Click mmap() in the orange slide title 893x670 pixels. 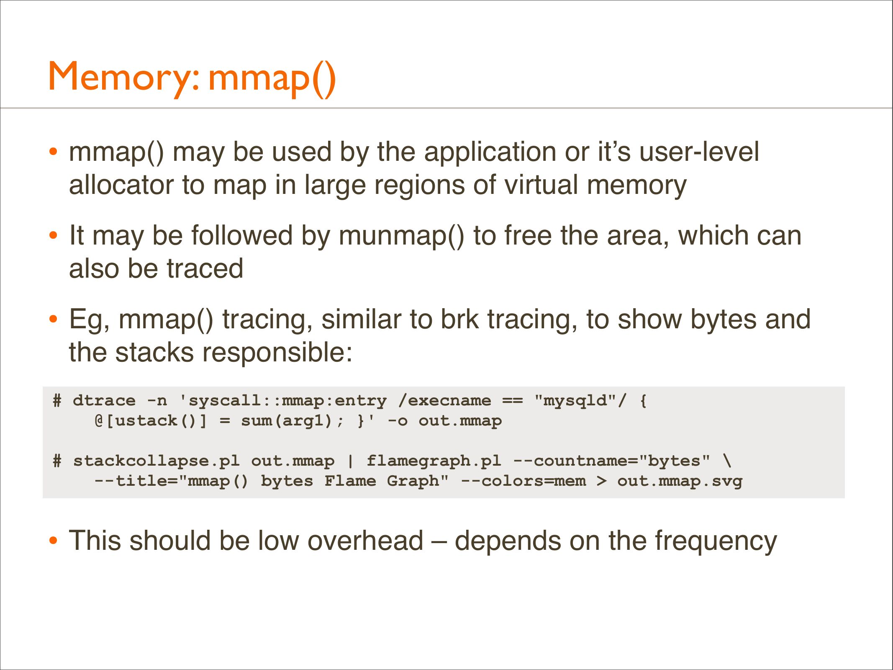272,78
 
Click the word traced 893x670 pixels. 205,269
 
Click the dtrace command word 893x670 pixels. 104,401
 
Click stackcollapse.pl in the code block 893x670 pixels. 157,461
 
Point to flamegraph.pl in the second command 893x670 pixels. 434,461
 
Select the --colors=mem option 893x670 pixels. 523,481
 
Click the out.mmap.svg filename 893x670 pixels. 680,482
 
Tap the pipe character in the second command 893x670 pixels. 351,461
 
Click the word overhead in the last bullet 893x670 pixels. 366,541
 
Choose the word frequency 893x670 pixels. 716,542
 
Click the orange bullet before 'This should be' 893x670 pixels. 53,541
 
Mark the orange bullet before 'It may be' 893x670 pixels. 53,235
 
